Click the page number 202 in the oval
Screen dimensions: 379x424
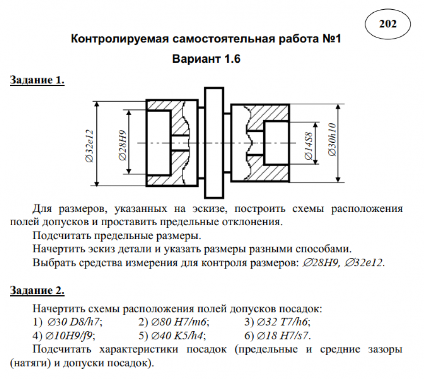coord(388,24)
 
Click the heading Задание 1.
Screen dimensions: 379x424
coord(37,80)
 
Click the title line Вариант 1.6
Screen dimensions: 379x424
coord(206,59)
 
